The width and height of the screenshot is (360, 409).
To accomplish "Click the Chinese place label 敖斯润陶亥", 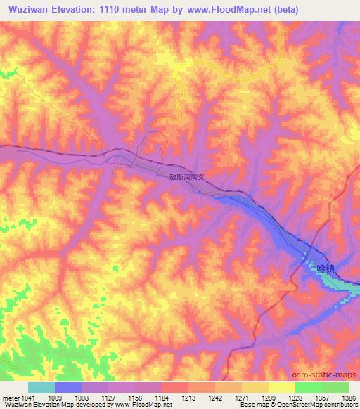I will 186,177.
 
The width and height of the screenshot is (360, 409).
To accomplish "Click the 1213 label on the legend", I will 188,398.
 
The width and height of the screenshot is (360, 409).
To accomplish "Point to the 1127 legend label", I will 109,398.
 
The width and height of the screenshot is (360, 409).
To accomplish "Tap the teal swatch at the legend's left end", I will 41,387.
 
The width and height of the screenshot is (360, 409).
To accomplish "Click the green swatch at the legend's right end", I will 335,387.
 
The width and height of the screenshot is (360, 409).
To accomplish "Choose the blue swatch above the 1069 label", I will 68,387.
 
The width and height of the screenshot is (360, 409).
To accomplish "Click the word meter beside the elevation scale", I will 10,398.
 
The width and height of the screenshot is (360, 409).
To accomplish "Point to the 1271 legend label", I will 241,398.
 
